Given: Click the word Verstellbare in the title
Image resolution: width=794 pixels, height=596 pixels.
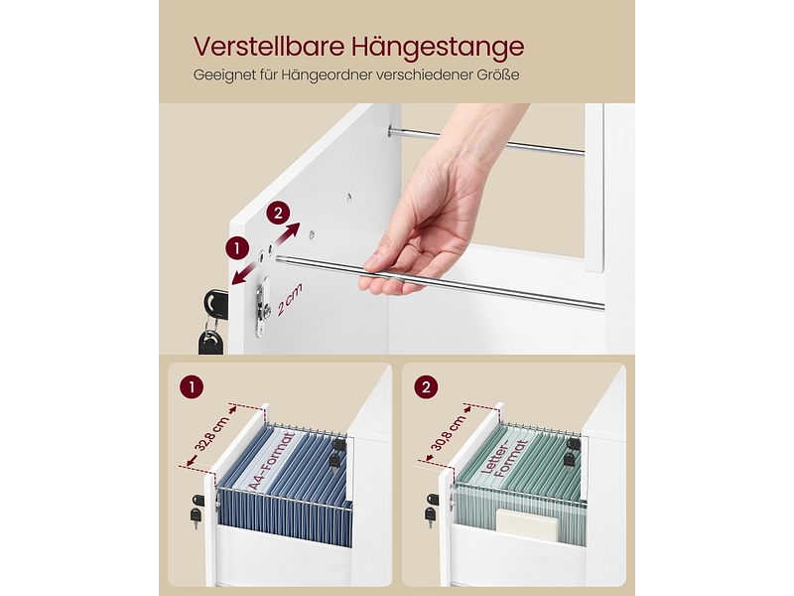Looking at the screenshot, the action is (269, 46).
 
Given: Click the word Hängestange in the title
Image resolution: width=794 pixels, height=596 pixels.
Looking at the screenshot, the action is (438, 47).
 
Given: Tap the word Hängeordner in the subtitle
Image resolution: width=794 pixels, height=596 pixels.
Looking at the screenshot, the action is (326, 75).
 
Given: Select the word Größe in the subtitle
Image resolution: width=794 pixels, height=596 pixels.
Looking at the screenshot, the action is (498, 74).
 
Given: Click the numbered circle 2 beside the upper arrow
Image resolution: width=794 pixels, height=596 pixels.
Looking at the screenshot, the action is (278, 213).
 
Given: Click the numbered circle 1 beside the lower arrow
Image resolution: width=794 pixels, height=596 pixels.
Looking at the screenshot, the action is (237, 248).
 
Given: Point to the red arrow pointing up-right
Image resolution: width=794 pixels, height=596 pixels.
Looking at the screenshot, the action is (287, 233).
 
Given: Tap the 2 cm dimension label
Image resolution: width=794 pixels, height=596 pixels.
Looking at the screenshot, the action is (289, 300).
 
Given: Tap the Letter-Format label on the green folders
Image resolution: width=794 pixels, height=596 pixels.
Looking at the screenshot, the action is (504, 460).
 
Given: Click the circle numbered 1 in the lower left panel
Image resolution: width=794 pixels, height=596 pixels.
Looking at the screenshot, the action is (192, 387).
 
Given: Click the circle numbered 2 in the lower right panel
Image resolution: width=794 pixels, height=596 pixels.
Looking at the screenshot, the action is (426, 387).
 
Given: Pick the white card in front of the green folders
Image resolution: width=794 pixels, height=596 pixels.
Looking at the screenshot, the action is (527, 524).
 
